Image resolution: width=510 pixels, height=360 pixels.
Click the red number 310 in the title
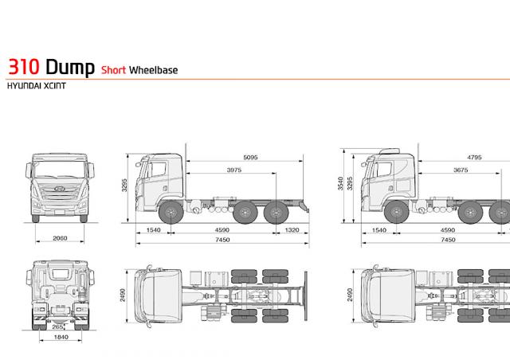click(24, 67)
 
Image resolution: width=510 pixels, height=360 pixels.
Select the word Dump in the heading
click(70, 68)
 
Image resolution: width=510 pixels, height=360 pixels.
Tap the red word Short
click(113, 70)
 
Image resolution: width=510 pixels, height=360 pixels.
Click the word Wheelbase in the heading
click(153, 70)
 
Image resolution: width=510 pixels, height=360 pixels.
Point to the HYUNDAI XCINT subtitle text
click(37, 86)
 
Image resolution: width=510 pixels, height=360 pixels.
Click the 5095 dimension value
click(250, 158)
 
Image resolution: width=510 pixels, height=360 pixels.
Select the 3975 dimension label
click(234, 170)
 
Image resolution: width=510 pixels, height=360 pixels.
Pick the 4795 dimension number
click(474, 158)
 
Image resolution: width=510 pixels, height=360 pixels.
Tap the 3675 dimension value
click(461, 170)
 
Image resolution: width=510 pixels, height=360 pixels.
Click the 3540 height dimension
click(340, 183)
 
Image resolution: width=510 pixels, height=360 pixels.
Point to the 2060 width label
click(60, 238)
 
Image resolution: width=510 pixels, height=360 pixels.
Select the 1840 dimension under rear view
click(61, 337)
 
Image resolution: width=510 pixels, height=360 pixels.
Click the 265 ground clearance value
click(57, 327)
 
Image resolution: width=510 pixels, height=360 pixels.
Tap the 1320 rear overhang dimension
click(292, 230)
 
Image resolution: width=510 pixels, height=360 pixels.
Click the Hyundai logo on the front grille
click(60, 189)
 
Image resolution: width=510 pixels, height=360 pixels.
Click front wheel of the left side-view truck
click(171, 213)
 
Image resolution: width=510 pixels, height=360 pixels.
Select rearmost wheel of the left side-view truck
click(277, 213)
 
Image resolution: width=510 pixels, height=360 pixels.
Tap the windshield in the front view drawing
click(60, 169)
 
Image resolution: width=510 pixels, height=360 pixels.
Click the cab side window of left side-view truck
click(159, 170)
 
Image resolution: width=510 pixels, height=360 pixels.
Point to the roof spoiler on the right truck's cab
click(390, 151)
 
